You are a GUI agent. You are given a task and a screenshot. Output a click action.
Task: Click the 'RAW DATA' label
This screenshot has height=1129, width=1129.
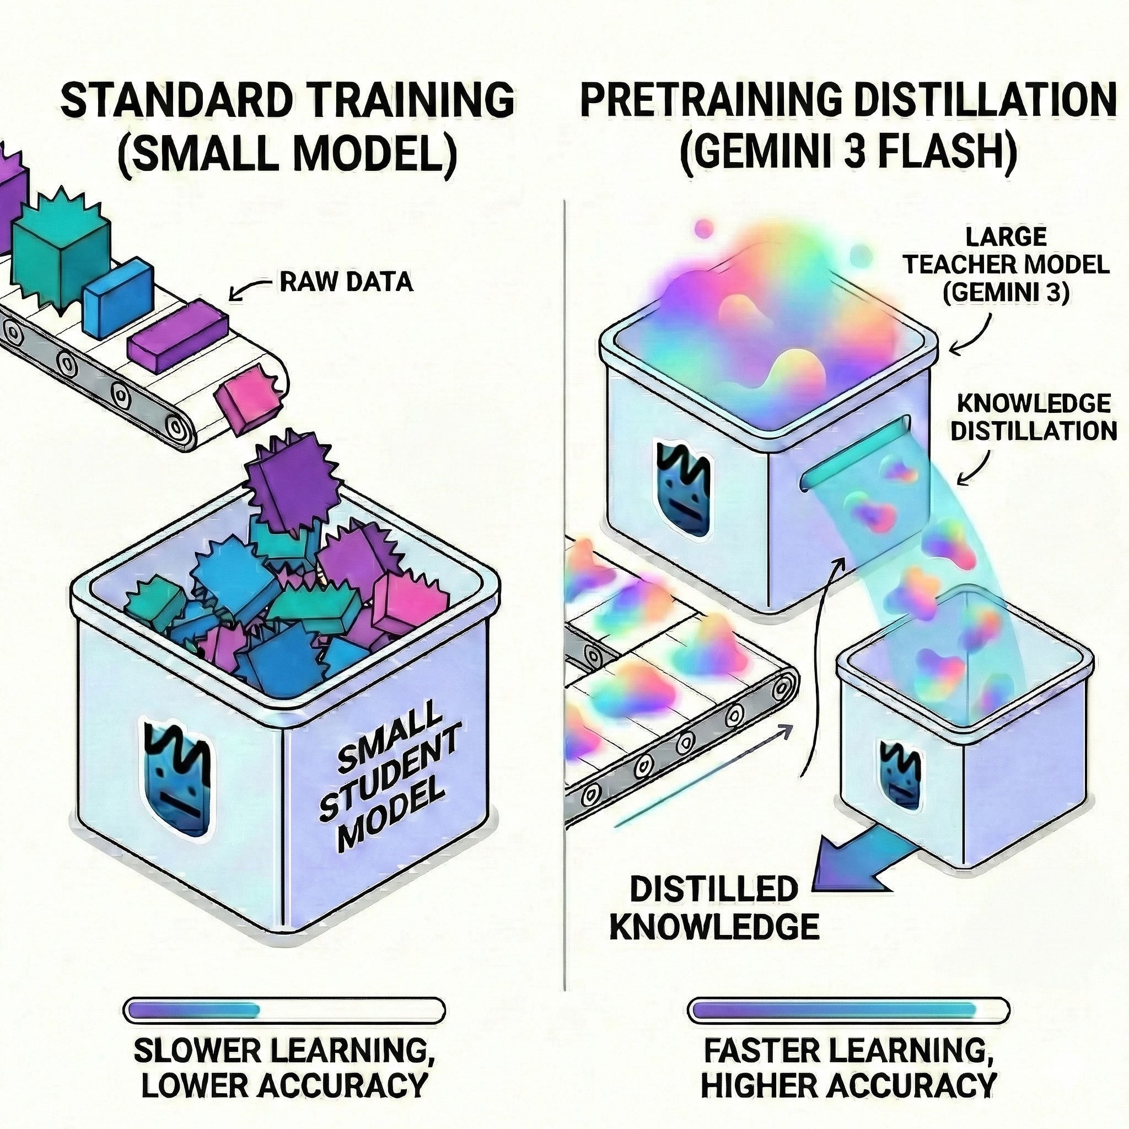pos(346,282)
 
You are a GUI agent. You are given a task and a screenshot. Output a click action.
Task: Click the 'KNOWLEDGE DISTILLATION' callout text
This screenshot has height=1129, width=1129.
pos(1033,418)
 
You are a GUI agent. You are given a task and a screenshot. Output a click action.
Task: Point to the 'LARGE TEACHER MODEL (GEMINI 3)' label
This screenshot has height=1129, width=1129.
pos(1006,265)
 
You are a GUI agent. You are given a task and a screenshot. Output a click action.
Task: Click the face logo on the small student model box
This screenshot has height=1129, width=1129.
pos(175,777)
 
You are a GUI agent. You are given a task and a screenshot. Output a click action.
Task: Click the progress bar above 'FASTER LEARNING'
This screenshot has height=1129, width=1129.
pos(848,1010)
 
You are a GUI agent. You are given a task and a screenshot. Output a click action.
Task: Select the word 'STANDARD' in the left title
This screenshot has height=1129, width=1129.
pos(175,100)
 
